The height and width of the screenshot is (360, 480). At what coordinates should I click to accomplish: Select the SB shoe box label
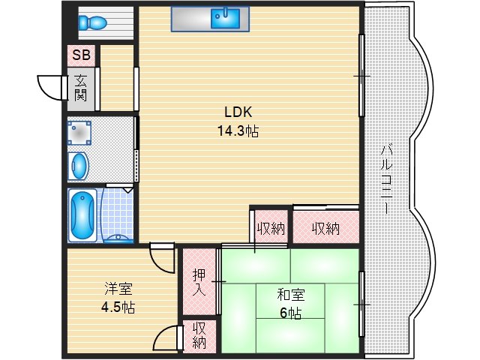click(x=80, y=55)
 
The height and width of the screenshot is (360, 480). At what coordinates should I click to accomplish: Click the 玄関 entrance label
click(x=80, y=88)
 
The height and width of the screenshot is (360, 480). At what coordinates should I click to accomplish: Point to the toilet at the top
click(x=94, y=22)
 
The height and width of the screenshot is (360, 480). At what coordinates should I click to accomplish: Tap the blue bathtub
click(x=82, y=214)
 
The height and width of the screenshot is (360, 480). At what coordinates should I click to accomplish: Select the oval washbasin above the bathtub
click(x=79, y=164)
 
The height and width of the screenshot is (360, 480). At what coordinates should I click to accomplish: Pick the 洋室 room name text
click(x=118, y=289)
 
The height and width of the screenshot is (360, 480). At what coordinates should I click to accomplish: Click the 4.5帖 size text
click(x=118, y=307)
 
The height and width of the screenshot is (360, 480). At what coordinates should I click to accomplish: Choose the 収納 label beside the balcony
click(x=325, y=228)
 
